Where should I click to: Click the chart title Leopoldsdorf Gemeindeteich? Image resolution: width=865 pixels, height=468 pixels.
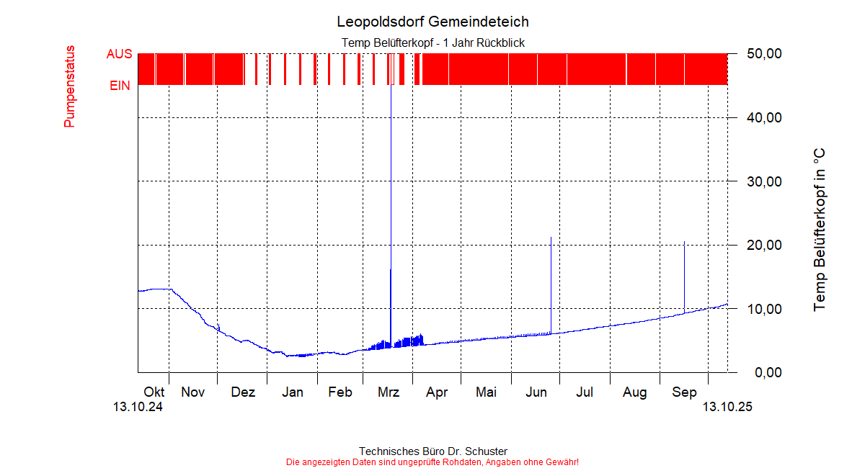(x=432, y=22)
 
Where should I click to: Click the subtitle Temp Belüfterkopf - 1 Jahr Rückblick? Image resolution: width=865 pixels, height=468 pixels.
(x=432, y=43)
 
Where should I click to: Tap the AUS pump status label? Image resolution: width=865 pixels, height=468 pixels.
(x=119, y=54)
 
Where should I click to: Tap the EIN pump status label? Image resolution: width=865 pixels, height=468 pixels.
(x=120, y=86)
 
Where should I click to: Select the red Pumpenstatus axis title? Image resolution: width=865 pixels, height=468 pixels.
(x=70, y=86)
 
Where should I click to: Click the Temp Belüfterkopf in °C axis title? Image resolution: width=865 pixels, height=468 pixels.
(x=819, y=230)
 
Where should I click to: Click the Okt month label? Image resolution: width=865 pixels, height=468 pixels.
(x=154, y=392)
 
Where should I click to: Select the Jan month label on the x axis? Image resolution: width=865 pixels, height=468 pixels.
(x=292, y=392)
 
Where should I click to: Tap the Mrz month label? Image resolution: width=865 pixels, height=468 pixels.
(x=389, y=392)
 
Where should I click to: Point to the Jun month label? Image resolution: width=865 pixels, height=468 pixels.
(x=536, y=392)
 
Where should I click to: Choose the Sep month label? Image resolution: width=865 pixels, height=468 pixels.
(x=684, y=392)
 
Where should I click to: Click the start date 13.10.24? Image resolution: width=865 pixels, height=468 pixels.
(x=138, y=407)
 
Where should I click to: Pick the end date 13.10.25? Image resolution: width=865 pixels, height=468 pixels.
(x=727, y=407)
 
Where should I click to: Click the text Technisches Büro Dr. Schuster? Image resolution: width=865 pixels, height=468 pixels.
(x=432, y=451)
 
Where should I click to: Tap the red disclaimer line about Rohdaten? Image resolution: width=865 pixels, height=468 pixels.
(x=432, y=462)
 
